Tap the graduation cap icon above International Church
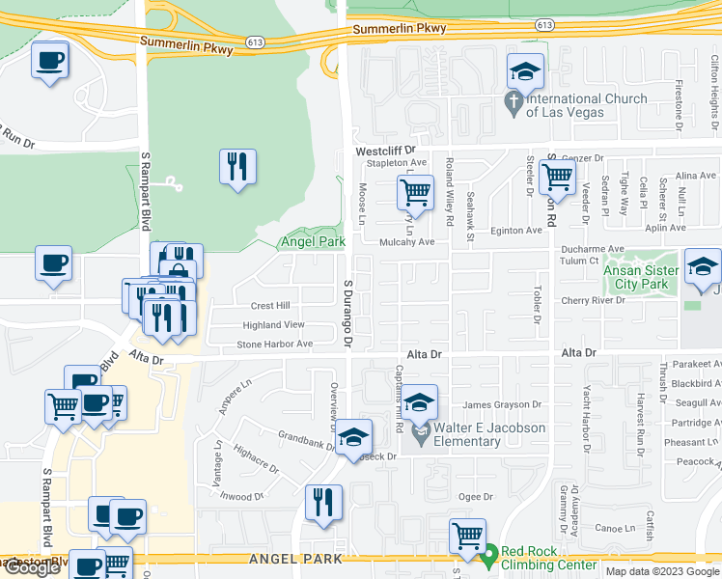coord(525,72)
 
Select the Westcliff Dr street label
coord(384,152)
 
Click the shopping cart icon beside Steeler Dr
coord(558,178)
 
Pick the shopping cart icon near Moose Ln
coord(415,192)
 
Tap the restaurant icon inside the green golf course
coord(236,167)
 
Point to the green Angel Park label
coord(312,241)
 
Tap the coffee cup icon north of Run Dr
coord(49,60)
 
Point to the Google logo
coord(32,567)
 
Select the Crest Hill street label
coord(270,306)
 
